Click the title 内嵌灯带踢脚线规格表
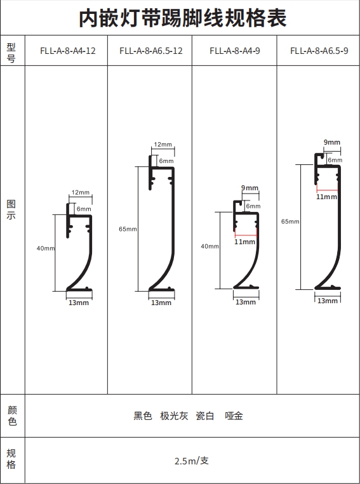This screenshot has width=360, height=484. coord(183,18)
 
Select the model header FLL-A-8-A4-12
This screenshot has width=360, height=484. coord(68,51)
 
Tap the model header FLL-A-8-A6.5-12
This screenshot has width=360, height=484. coord(151,51)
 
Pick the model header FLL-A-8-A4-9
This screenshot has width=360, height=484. coord(235,51)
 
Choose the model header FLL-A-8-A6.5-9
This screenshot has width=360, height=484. coord(319,51)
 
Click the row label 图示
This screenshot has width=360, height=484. coord(11,209)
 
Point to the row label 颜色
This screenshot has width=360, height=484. coord(12,415)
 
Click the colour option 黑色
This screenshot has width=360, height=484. coord(143,415)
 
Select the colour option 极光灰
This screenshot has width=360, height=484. coord(174,415)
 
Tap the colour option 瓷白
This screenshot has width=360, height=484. coord(205,415)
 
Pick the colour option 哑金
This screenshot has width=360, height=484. coord(234,415)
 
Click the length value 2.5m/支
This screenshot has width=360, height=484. coord(192,461)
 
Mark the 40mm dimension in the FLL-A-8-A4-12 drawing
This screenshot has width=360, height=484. coord(46,248)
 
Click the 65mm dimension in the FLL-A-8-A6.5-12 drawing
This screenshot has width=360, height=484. coord(128,229)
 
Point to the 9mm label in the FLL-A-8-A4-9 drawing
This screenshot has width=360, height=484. coord(250,188)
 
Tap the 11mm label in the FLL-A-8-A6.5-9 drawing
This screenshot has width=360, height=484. coord(326,197)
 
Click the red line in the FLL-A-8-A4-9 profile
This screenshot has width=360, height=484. coord(246,236)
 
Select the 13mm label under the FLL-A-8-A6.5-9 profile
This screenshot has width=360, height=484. coord(328,301)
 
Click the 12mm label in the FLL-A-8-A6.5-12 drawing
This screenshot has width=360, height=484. coord(163,145)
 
